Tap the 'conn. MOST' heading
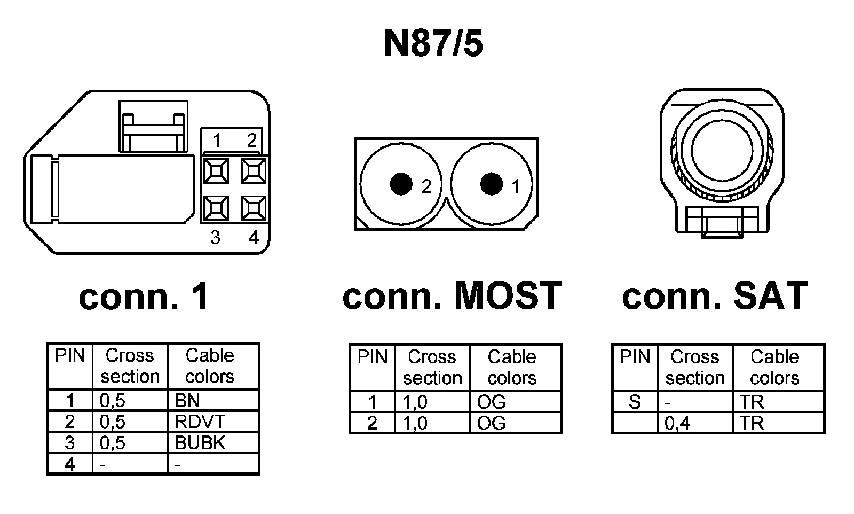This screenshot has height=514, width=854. [452, 295]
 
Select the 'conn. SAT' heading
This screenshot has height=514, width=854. [715, 295]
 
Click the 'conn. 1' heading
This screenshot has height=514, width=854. [144, 297]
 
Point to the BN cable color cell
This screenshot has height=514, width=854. [187, 400]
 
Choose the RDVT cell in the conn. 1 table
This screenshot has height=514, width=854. [200, 422]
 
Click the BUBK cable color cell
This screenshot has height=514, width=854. [200, 443]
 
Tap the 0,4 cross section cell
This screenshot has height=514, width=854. [677, 423]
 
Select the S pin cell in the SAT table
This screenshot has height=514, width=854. [635, 401]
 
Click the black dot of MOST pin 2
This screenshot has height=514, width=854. [401, 184]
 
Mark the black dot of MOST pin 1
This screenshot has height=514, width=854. [492, 184]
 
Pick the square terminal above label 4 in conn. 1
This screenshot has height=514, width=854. [254, 208]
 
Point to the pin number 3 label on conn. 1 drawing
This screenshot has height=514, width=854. [215, 237]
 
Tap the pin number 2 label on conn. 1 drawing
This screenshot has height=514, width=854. [251, 141]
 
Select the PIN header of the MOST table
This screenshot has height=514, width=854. [372, 357]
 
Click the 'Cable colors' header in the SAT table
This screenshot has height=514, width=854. [774, 367]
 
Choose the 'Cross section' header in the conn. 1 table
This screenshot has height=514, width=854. [130, 366]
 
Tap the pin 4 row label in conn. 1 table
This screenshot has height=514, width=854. [70, 464]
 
